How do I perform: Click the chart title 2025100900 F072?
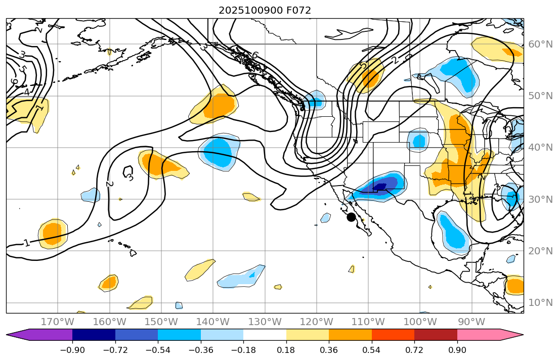point(265,10)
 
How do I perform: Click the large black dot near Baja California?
point(351,217)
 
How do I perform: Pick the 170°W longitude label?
point(58,322)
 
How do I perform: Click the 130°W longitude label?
point(265,322)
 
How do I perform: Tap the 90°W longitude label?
point(471,322)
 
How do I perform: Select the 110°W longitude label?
point(368,322)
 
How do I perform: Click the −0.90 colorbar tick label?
point(72,350)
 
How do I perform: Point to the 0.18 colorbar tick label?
point(286,350)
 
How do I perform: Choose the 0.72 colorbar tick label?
point(414,350)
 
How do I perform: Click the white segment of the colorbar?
point(265,335)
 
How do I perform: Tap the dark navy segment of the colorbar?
point(94,335)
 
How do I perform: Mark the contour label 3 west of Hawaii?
point(130,177)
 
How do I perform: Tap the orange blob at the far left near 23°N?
point(53,234)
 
